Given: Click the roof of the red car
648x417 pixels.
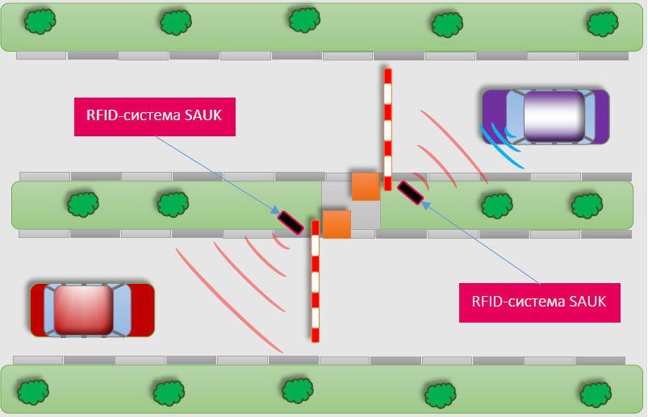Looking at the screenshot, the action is [84, 310].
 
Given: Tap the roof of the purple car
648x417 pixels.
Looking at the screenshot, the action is [554, 116].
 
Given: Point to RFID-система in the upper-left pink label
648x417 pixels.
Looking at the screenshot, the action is [133, 115].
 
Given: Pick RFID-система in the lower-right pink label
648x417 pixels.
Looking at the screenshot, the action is [518, 302].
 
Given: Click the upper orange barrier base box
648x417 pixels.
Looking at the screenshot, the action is [366, 186].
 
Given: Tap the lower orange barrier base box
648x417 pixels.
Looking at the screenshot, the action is [337, 224].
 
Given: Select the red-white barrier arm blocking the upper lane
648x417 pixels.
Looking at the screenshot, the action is [387, 130].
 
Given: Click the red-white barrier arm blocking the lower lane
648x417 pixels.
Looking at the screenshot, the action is [316, 281].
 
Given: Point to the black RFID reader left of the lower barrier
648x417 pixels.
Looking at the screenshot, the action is [291, 223].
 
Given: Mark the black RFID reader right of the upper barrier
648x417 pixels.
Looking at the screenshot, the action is [411, 193].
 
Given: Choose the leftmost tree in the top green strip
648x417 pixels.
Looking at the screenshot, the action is [40, 21].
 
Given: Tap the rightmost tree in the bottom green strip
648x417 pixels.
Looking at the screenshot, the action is [596, 394].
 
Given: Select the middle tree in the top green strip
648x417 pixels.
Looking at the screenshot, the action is [304, 20].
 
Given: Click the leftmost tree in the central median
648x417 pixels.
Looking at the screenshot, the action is [83, 204].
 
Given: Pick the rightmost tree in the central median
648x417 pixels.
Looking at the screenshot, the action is [587, 205].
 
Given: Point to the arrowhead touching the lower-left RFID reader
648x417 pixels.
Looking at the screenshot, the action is [276, 211].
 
